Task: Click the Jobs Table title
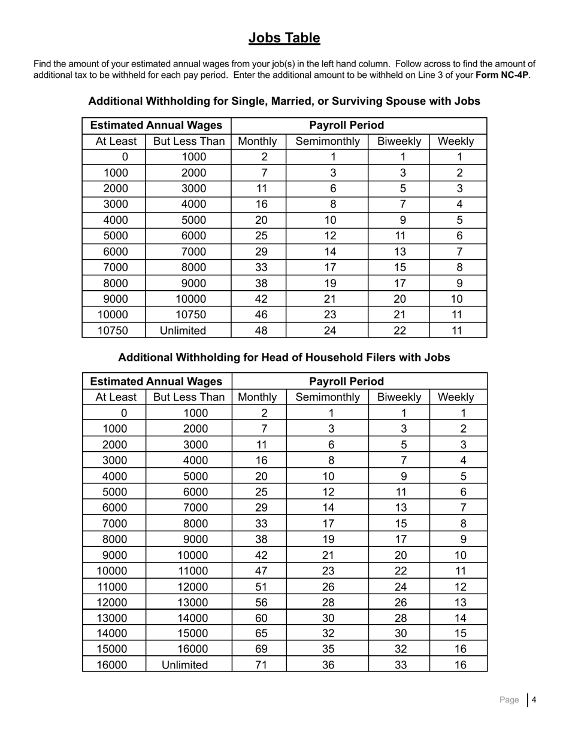284,38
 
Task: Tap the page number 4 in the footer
533,699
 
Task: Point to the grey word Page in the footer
509,699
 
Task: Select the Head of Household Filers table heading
284,357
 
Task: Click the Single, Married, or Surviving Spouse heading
284,101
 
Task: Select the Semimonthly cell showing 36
328,665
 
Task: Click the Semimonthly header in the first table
328,142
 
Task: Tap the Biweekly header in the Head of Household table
399,397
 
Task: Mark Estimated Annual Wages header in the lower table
156,381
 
